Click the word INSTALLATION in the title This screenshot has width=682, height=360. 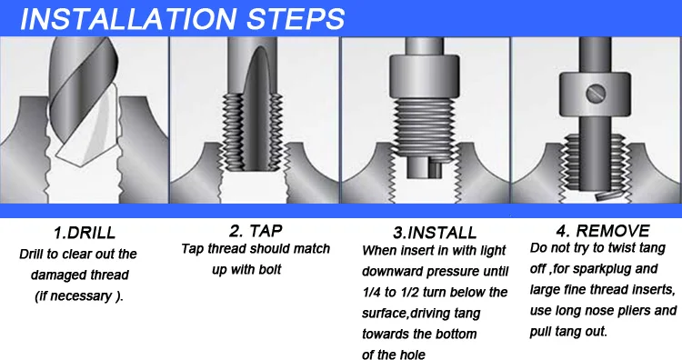point(129,18)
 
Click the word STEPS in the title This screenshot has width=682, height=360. point(296,18)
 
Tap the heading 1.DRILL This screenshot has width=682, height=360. point(85,233)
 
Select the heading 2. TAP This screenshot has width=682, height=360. point(256,230)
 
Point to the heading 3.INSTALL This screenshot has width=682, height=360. point(435,233)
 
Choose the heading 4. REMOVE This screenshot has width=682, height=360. point(603,230)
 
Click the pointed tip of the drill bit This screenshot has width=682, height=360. point(79,165)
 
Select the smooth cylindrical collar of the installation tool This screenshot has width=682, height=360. point(424,76)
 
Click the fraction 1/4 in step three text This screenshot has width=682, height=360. point(371,292)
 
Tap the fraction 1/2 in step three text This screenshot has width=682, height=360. point(408,292)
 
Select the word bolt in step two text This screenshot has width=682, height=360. point(270,270)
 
